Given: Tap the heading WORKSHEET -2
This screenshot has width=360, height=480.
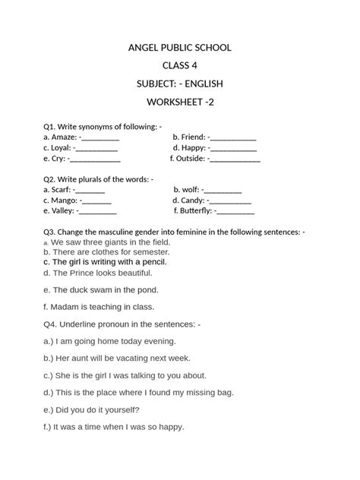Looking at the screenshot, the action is click(180, 102).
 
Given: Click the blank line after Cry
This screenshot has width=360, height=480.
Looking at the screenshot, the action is click(94, 159).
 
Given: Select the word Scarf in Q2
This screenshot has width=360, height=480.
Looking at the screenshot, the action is click(62, 190).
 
